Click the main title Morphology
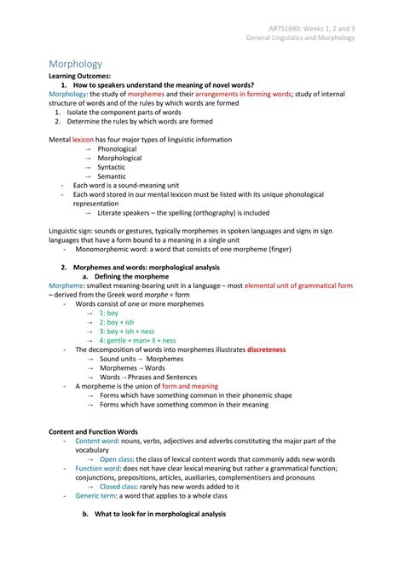point(75,64)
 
